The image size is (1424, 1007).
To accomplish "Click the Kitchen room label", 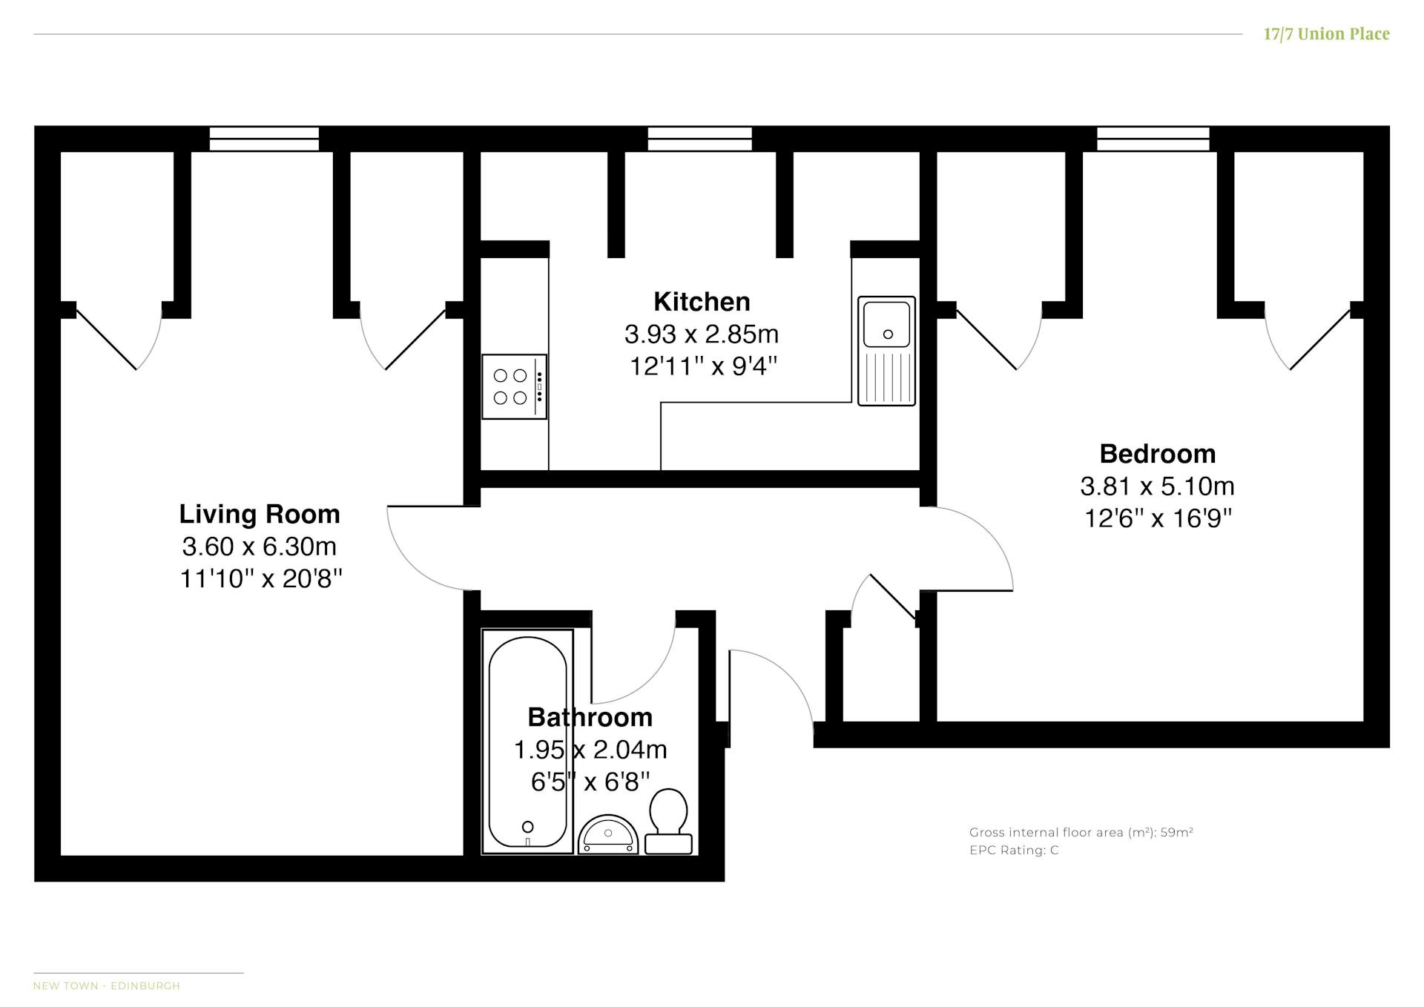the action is (x=702, y=302).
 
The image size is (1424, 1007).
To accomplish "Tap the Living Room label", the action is (x=260, y=514).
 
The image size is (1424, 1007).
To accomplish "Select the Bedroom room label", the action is (x=1157, y=453).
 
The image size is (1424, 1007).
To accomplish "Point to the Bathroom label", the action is (x=590, y=717).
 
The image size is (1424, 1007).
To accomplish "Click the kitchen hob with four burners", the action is (x=514, y=386).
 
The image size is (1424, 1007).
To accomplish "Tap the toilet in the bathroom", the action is (x=668, y=822).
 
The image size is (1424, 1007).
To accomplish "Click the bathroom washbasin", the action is (x=608, y=835).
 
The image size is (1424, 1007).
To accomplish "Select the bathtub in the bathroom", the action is (x=527, y=742).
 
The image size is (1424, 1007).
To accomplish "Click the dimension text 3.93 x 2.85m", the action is (x=702, y=334).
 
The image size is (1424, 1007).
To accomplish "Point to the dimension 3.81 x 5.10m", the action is (x=1157, y=486).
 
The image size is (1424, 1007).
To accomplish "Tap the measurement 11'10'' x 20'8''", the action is (x=261, y=578).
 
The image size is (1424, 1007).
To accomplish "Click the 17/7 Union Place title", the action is (x=1326, y=34).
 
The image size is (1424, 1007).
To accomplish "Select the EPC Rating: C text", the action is (x=1014, y=851).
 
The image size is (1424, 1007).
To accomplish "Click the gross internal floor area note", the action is (x=1081, y=832).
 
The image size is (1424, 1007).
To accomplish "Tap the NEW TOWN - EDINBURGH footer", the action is (x=107, y=986).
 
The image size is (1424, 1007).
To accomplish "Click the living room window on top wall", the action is (x=264, y=139).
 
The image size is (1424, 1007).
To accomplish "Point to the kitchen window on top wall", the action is (x=699, y=139).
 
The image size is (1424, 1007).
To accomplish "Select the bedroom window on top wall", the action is (x=1153, y=139).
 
